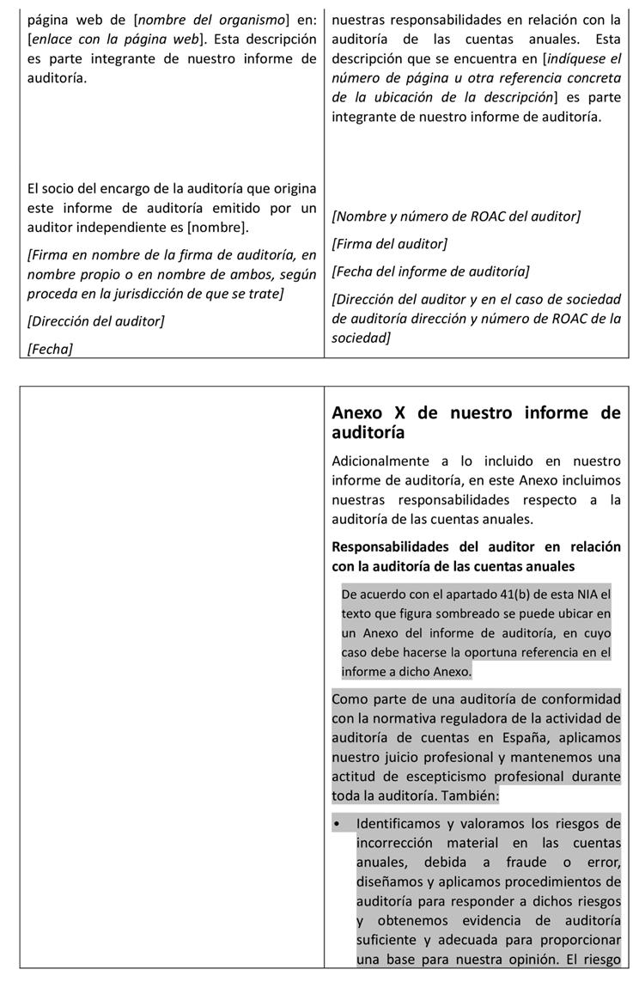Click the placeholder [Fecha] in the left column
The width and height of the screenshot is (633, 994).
click(x=50, y=348)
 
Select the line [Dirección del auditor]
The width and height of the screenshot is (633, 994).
click(x=95, y=320)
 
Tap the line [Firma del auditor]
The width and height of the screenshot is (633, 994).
click(x=389, y=243)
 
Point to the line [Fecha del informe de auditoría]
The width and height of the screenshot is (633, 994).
click(x=430, y=271)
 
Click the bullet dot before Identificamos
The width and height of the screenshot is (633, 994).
click(x=337, y=824)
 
